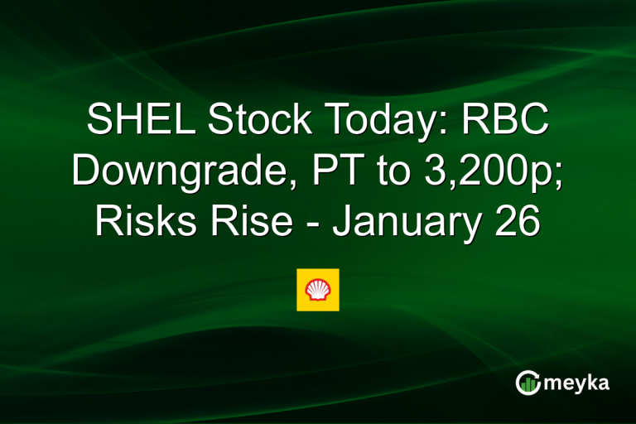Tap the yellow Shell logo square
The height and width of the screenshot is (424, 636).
pos(318,289)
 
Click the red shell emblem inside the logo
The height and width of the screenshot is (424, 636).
pos(318,289)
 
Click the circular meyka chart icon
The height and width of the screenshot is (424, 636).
pos(528,382)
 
